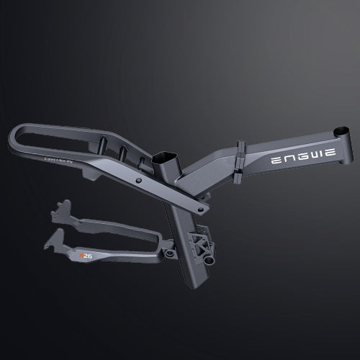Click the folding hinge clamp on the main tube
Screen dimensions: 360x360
point(239,162)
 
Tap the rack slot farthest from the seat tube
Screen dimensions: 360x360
point(103,141)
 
